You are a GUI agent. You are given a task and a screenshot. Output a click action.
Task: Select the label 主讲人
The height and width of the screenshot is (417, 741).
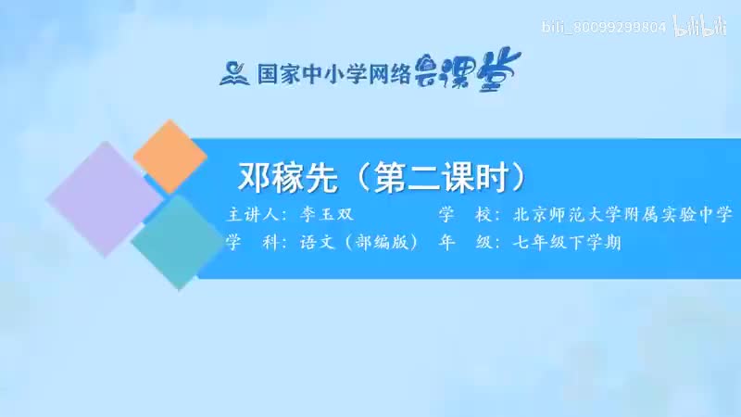253,215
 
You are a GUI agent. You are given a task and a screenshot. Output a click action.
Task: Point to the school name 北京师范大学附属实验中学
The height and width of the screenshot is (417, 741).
622,215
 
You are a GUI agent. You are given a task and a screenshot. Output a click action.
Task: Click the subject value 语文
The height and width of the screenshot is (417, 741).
316,243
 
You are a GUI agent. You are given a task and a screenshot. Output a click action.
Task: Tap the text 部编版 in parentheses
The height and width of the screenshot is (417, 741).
379,243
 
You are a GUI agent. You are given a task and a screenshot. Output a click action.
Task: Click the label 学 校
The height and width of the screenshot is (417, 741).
459,215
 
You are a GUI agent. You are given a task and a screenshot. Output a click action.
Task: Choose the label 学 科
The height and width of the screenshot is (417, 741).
245,243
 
